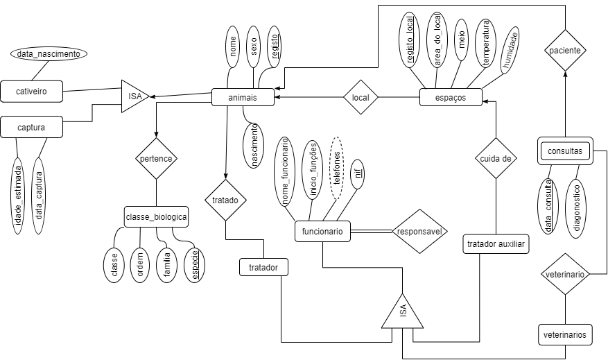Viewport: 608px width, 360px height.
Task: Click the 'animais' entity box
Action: pyautogui.click(x=243, y=98)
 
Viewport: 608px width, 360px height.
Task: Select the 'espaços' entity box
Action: pyautogui.click(x=451, y=98)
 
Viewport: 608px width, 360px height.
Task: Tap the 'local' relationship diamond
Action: pyautogui.click(x=361, y=98)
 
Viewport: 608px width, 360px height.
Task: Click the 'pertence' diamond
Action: pyautogui.click(x=156, y=159)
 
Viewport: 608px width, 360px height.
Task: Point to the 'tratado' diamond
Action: pyautogui.click(x=226, y=200)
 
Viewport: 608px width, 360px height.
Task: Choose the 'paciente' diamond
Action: pyautogui.click(x=566, y=51)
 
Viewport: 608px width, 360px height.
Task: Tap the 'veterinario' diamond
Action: pyautogui.click(x=566, y=275)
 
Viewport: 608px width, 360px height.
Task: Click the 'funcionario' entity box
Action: pyautogui.click(x=322, y=232)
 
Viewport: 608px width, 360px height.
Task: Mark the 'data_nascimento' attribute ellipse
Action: pyautogui.click(x=49, y=53)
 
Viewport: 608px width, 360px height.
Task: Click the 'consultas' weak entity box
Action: pyautogui.click(x=565, y=151)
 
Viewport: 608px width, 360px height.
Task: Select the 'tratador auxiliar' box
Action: pyautogui.click(x=496, y=243)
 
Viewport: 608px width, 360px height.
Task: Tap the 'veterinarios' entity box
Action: pyautogui.click(x=566, y=335)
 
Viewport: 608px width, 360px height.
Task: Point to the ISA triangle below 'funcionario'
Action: pyautogui.click(x=403, y=314)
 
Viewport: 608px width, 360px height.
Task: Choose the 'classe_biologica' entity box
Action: pyautogui.click(x=156, y=217)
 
